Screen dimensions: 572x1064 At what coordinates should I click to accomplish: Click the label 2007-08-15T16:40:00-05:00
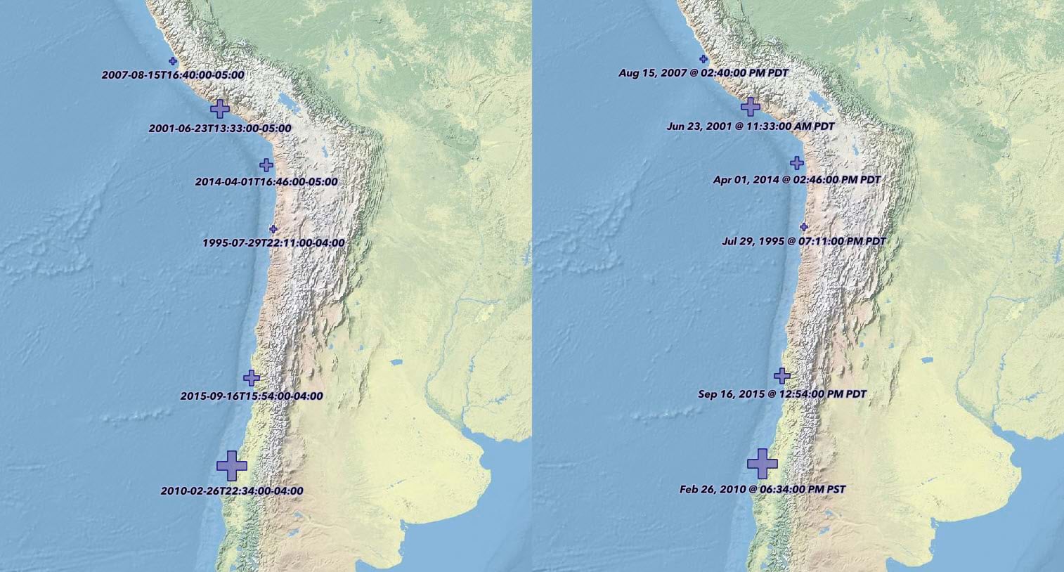[x=173, y=74]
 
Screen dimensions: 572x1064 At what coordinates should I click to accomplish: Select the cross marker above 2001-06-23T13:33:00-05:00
[x=220, y=108]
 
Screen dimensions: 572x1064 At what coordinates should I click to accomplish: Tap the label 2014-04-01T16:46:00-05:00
[x=266, y=182]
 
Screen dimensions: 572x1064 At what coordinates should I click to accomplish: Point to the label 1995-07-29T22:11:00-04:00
[x=273, y=243]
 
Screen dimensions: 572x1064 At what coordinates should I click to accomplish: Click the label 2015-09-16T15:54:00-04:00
[x=252, y=396]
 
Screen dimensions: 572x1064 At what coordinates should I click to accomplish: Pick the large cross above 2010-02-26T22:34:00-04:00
[x=232, y=466]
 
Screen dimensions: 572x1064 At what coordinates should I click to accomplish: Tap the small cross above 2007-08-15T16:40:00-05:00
[x=173, y=61]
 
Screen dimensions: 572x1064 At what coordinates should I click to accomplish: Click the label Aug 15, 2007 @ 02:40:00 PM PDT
[x=703, y=73]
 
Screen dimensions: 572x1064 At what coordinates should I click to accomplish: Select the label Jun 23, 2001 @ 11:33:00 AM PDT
[x=751, y=126]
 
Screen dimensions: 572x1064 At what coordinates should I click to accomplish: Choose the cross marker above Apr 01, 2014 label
[x=797, y=163]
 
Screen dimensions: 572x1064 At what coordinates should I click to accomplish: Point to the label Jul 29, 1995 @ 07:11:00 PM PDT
[x=804, y=241]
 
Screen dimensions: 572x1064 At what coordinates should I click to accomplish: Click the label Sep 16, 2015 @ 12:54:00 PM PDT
[x=782, y=394]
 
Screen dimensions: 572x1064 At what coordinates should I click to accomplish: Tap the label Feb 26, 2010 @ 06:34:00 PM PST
[x=763, y=489]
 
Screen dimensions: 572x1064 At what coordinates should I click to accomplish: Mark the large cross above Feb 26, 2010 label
[x=763, y=464]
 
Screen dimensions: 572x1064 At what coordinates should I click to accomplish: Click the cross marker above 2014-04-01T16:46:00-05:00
[x=266, y=165]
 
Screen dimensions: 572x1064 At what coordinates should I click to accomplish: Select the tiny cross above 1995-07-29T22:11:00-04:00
[x=273, y=229]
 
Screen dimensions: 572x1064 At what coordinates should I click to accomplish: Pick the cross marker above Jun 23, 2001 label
[x=751, y=106]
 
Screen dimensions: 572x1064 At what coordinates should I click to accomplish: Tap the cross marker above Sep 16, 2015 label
[x=782, y=375]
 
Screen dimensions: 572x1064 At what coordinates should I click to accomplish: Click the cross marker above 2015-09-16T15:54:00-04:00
[x=252, y=377]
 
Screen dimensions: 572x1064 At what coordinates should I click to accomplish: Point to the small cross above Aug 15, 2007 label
[x=703, y=59]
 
